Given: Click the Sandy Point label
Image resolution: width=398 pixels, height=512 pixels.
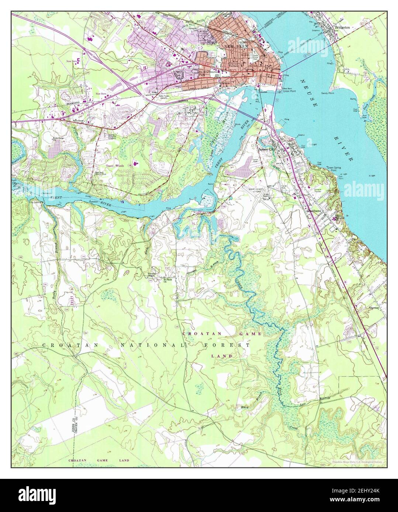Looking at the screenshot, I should tap(328, 93).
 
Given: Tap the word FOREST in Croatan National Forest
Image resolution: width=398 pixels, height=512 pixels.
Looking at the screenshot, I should tap(226, 345).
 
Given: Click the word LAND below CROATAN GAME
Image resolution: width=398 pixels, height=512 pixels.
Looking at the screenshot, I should tap(222, 356).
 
